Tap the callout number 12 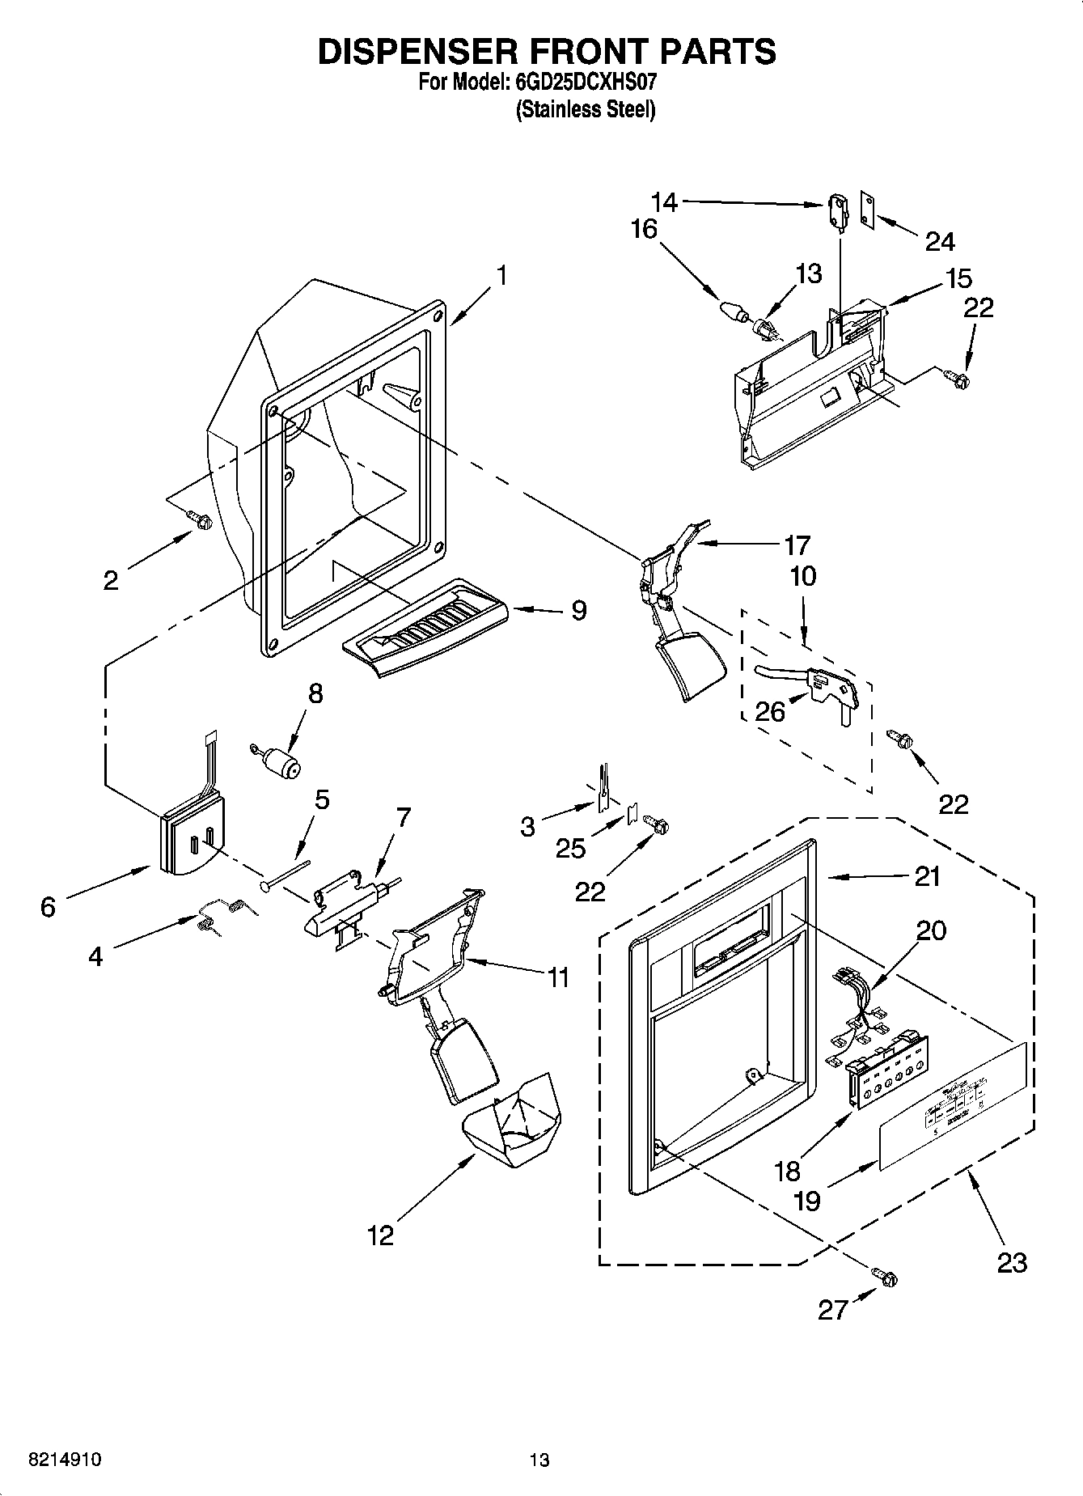point(380,1235)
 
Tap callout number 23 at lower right point(1012,1262)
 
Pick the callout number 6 point(48,908)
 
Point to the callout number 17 point(797,545)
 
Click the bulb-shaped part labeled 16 point(731,310)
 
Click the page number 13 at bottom point(539,1460)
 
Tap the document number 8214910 point(65,1460)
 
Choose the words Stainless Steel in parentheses point(586,110)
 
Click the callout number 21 point(927,876)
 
